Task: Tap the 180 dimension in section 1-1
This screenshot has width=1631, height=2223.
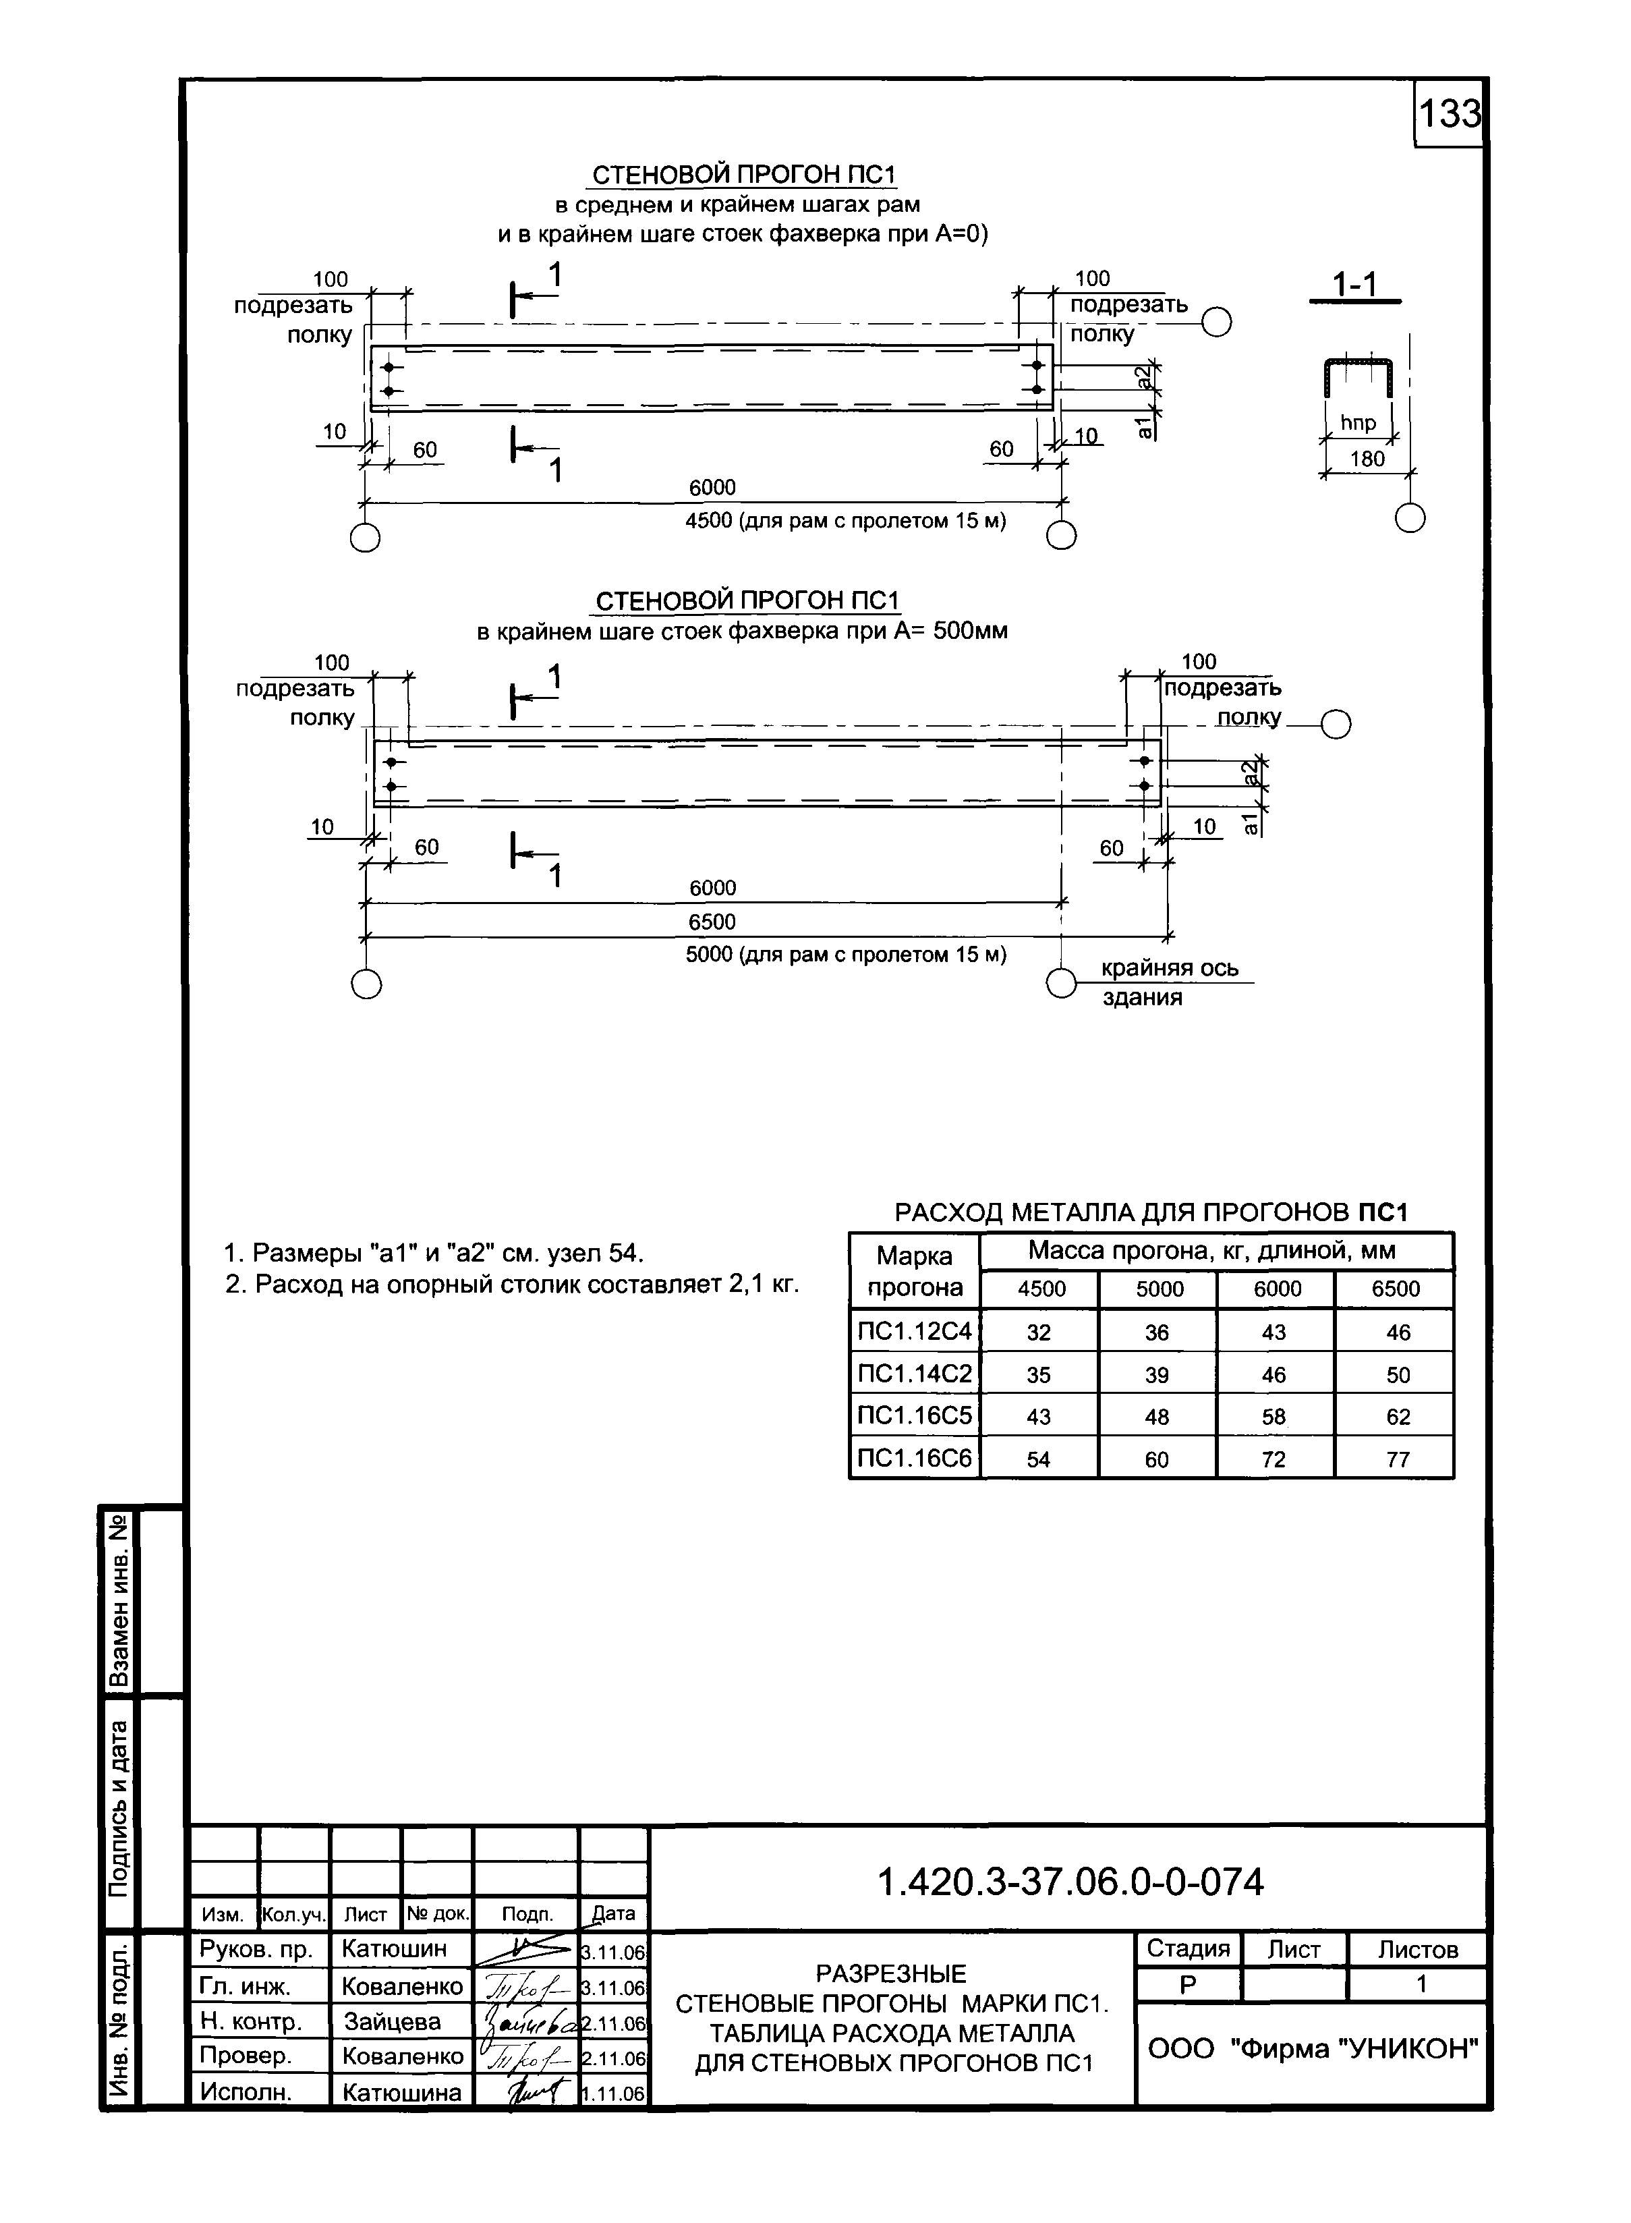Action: [x=1367, y=459]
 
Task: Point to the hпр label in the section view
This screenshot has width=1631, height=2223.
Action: [x=1358, y=424]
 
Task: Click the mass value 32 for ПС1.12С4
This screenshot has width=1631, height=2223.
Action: [x=1039, y=1332]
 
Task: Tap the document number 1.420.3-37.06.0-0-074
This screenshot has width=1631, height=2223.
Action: [x=1070, y=1883]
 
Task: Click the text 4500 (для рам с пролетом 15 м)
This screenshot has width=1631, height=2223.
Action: [x=845, y=520]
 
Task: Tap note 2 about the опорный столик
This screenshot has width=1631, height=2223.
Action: [x=511, y=1285]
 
